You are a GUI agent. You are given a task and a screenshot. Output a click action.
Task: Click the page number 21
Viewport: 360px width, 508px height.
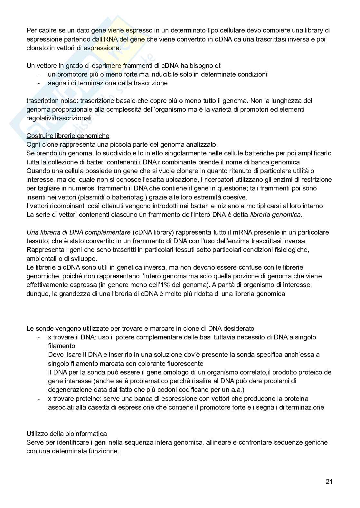click(329, 482)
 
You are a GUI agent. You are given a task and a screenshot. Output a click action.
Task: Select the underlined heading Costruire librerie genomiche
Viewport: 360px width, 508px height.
click(68, 136)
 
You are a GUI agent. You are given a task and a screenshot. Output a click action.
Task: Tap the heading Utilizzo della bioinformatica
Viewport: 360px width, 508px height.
click(67, 434)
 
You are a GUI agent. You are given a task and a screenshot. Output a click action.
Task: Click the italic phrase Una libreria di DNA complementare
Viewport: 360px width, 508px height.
click(79, 232)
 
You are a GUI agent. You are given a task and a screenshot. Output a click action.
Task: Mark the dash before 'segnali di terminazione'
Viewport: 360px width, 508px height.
click(39, 83)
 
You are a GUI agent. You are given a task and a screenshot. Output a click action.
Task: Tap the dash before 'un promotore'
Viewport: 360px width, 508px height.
click(39, 74)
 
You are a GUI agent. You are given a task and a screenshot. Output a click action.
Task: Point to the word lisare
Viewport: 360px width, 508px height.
click(73, 355)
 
